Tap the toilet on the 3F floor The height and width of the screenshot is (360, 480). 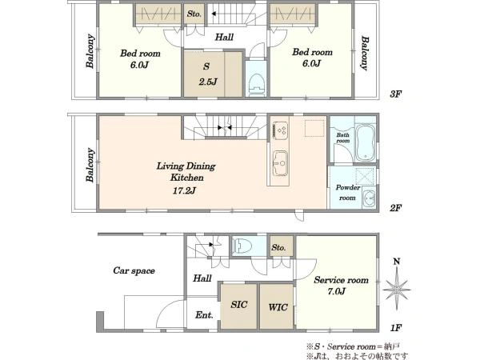tap(257, 84)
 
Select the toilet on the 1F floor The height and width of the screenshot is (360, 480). tap(242, 246)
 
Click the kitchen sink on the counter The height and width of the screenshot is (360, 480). tap(280, 163)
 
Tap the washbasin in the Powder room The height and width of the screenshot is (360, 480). tap(369, 199)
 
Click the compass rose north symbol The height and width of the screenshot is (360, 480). tap(397, 288)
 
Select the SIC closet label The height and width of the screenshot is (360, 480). tap(239, 305)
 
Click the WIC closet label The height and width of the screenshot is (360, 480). tap(278, 307)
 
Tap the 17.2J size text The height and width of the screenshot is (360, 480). tap(184, 190)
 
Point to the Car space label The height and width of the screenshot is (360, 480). tap(134, 270)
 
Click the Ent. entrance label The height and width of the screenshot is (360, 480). tap(204, 314)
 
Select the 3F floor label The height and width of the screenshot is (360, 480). tap(395, 94)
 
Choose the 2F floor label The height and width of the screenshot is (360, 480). tap(395, 208)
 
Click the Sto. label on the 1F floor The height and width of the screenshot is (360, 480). tap(278, 247)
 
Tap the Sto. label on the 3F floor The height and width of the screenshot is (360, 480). tap(194, 14)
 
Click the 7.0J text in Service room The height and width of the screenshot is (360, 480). tap(336, 291)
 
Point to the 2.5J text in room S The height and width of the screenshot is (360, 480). tap(208, 82)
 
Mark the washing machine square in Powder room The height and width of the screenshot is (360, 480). tap(365, 176)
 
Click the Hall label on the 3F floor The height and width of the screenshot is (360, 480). tap(224, 38)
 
